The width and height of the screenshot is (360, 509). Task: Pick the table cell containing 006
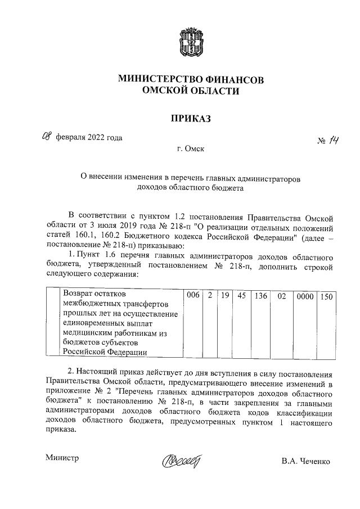pyautogui.click(x=193, y=294)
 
